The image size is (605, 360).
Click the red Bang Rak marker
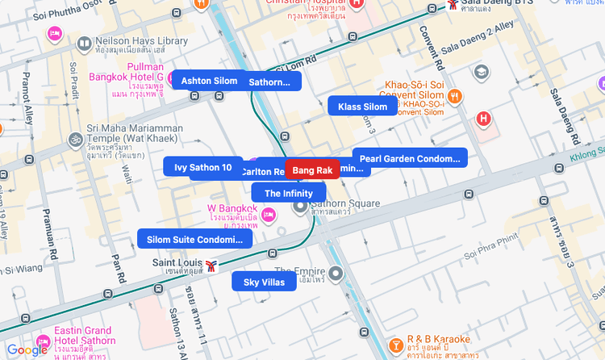[x=312, y=170]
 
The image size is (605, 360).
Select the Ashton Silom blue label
[x=209, y=81]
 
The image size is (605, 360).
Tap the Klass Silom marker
[x=362, y=107]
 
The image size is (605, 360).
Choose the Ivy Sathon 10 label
[x=202, y=167]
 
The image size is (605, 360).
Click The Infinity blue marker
[x=288, y=193]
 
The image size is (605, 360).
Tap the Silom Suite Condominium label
[x=194, y=239]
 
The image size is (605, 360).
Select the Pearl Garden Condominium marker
[x=410, y=159]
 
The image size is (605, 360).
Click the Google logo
[x=27, y=350]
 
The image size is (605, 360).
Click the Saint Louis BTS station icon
[x=211, y=266]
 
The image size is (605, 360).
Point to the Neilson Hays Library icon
[x=84, y=41]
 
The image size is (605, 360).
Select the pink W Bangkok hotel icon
[x=269, y=214]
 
